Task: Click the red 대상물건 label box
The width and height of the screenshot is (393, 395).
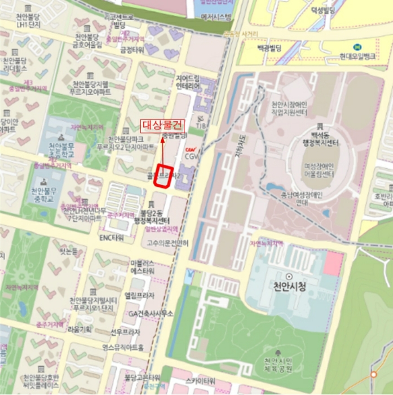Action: coord(162,125)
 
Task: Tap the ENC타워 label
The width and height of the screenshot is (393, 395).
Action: coord(111,238)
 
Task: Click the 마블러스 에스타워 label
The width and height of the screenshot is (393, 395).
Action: coord(142,267)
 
